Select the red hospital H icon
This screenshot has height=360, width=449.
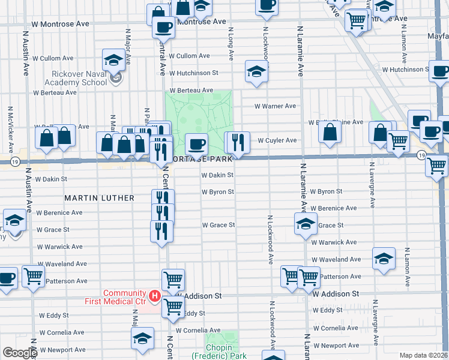pyautogui.click(x=154, y=296)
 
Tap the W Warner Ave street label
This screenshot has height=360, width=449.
pyautogui.click(x=276, y=106)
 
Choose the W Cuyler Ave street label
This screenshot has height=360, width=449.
pyautogui.click(x=277, y=140)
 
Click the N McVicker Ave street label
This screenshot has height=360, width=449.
pyautogui.click(x=10, y=130)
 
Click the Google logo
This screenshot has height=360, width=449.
pyautogui.click(x=20, y=353)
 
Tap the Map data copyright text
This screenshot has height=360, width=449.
pyautogui.click(x=423, y=355)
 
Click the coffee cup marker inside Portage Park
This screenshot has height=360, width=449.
pyautogui.click(x=196, y=144)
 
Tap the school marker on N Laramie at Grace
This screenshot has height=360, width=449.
pyautogui.click(x=305, y=223)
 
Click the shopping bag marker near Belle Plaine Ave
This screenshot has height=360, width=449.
pyautogui.click(x=330, y=133)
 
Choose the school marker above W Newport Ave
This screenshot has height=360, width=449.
pyautogui.click(x=142, y=338)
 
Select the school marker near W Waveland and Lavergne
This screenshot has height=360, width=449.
pyautogui.click(x=384, y=258)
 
